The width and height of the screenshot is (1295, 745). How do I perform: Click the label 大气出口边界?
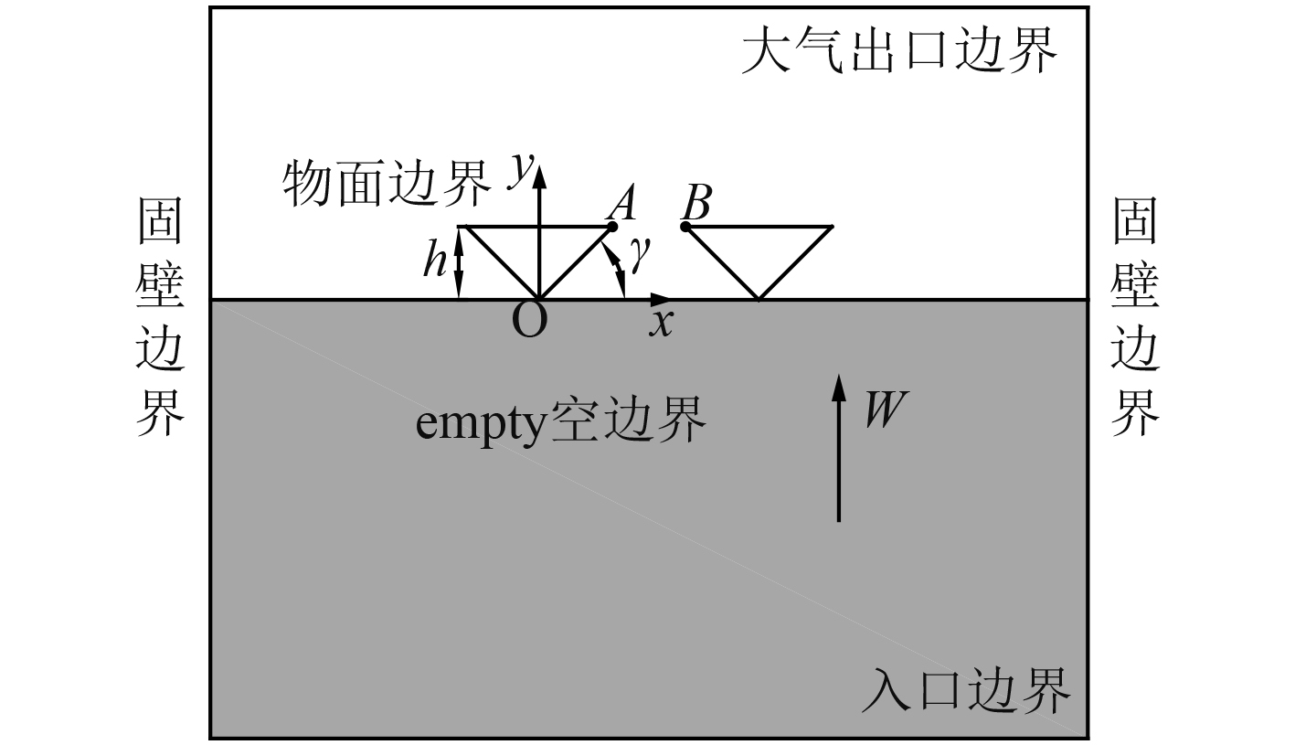(x=899, y=51)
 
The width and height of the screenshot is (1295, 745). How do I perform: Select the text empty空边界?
(x=561, y=420)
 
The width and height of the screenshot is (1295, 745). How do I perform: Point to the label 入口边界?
(x=965, y=691)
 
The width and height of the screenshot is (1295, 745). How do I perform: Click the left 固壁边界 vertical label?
(x=161, y=318)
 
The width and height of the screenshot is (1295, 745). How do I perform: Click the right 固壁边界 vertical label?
(x=1135, y=318)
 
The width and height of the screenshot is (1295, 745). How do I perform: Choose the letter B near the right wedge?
(x=696, y=203)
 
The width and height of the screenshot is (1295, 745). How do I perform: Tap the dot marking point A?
(x=611, y=227)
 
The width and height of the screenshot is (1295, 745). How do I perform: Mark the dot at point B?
(x=685, y=226)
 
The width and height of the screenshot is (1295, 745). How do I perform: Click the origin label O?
(x=529, y=322)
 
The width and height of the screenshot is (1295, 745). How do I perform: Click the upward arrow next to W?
(x=838, y=448)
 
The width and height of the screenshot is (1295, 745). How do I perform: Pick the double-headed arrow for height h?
(x=460, y=262)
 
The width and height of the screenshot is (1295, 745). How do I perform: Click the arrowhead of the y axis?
(x=539, y=170)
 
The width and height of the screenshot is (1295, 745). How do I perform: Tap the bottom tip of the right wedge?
(x=759, y=298)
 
